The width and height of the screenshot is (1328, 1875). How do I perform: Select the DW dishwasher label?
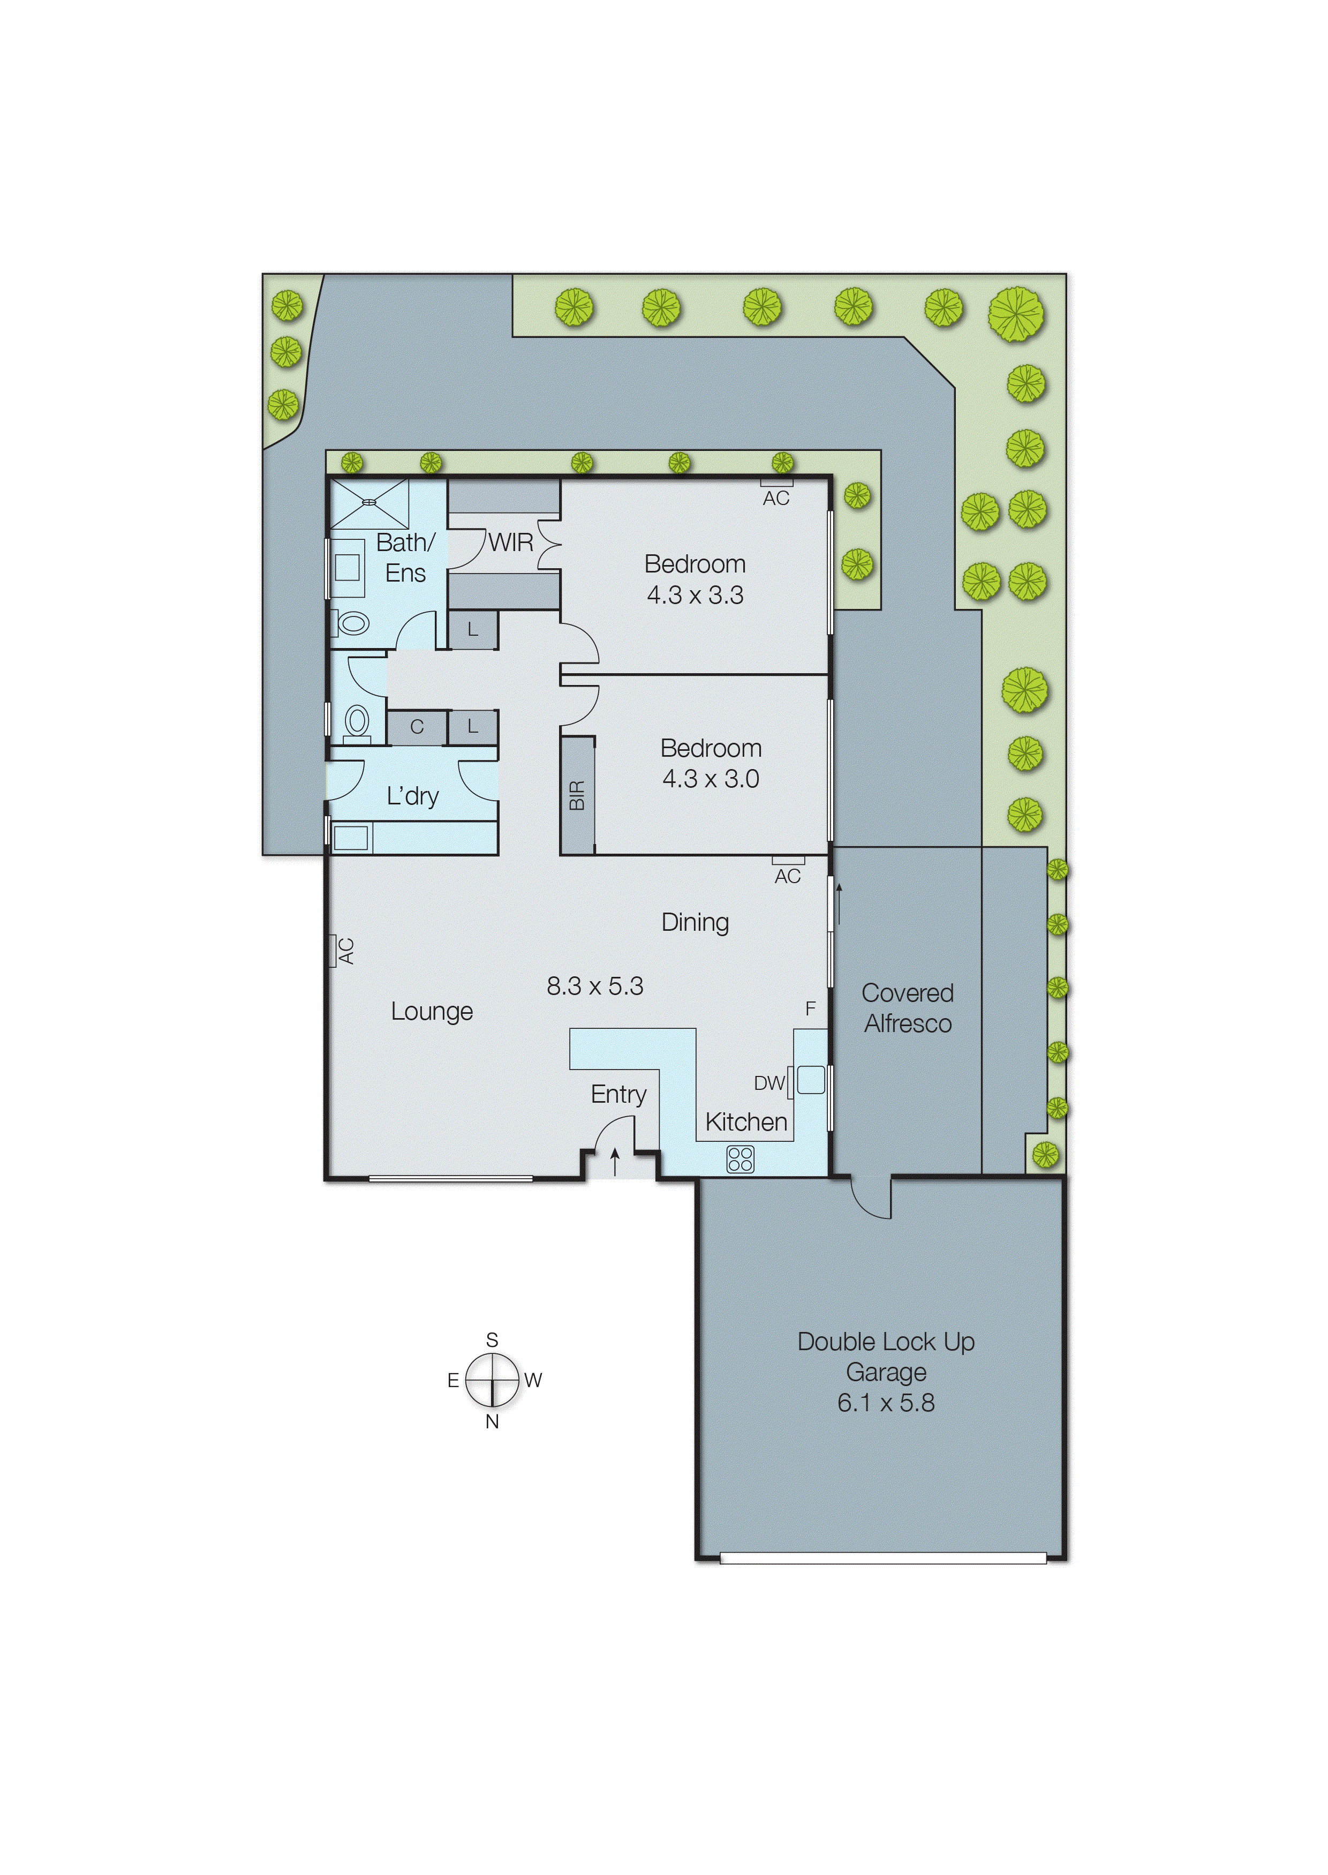768,1083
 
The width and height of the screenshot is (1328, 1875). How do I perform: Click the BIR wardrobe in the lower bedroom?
577,796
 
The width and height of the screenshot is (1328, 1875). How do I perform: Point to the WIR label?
510,542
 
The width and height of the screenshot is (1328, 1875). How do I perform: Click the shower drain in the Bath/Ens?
369,502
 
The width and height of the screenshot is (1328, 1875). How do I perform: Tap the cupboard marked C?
417,727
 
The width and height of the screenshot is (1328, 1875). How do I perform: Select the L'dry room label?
412,796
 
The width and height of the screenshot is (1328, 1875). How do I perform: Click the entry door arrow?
615,1161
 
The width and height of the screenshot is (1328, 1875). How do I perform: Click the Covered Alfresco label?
907,1008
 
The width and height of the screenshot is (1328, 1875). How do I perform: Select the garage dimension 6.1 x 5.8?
886,1403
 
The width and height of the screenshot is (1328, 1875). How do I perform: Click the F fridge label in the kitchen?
810,1009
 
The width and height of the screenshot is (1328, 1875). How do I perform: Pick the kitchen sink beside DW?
810,1080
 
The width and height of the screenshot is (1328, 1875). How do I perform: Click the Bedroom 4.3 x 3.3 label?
695,579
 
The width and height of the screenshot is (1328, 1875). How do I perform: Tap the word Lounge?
432,1012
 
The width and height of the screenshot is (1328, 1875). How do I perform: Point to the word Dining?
695,922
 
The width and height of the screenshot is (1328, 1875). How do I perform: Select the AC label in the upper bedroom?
775,498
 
